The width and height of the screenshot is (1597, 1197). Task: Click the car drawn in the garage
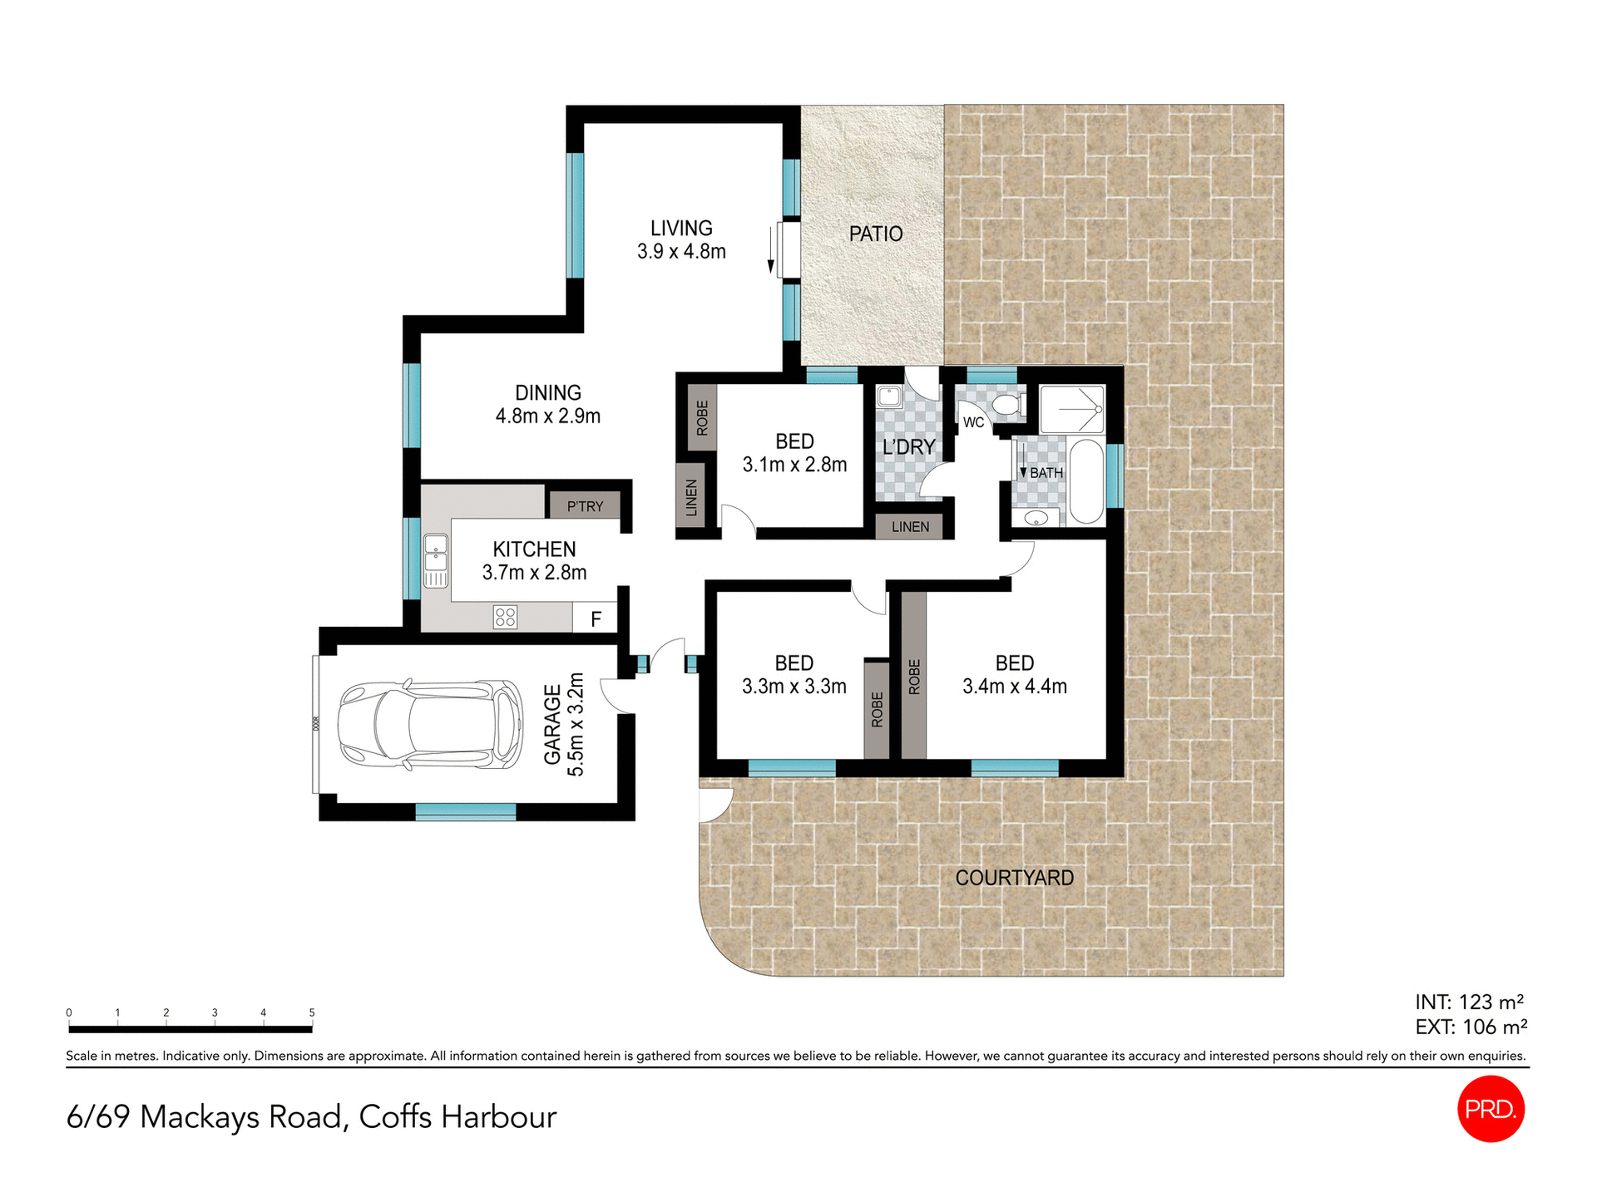tap(430, 724)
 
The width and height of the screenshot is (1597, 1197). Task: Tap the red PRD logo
tap(1491, 1109)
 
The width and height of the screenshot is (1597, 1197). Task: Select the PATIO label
tap(876, 234)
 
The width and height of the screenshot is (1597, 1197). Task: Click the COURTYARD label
tap(1014, 878)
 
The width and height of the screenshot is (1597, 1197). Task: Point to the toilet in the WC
tap(1008, 406)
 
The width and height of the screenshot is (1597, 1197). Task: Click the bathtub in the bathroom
tap(1085, 482)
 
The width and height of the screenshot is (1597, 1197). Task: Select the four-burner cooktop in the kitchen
tap(506, 617)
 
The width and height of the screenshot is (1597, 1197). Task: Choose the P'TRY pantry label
tap(585, 506)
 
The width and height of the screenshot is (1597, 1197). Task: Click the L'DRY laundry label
tap(908, 447)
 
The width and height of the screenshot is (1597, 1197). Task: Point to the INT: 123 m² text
tap(1470, 1002)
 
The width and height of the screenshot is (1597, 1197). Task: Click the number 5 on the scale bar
tap(312, 1012)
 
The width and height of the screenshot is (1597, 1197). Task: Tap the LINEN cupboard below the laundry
tap(910, 527)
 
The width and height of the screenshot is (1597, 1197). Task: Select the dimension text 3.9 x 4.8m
tap(681, 252)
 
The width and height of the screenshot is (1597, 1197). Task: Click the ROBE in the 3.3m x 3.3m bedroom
tap(877, 709)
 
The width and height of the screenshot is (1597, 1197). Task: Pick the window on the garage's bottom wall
tap(466, 811)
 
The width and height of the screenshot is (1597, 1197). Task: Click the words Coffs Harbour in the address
tap(457, 1117)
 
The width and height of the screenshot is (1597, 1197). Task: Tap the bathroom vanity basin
tap(1036, 519)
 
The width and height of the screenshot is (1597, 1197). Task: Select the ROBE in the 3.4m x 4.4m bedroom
tap(914, 676)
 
